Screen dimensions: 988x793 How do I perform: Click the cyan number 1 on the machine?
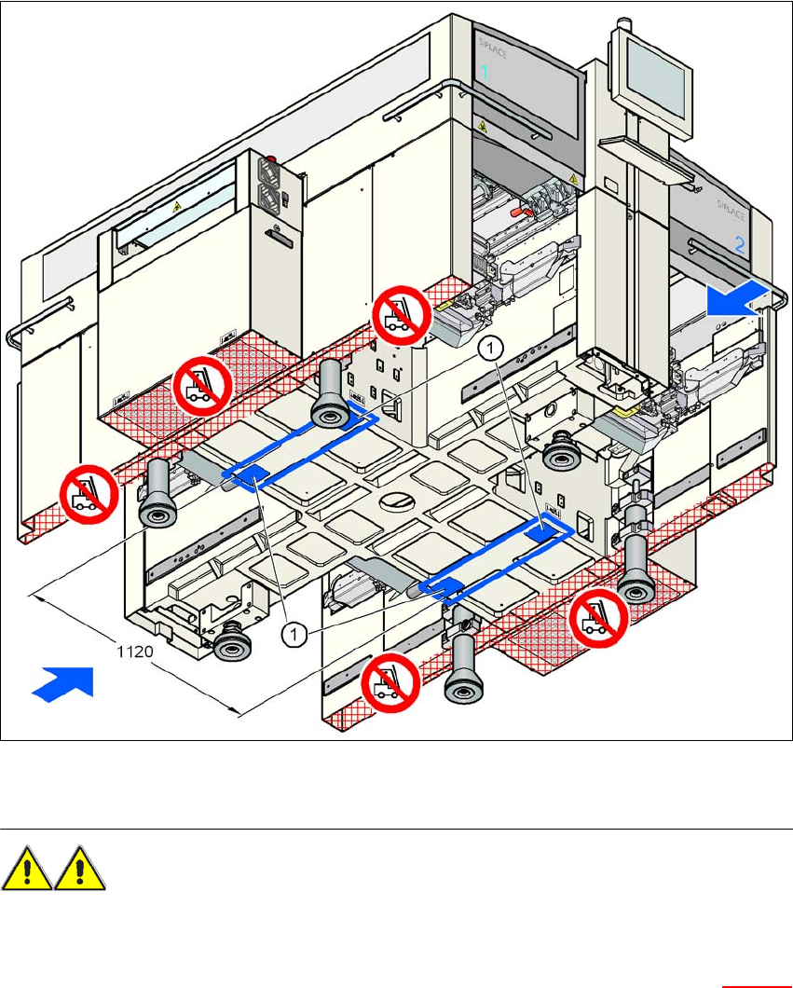[484, 72]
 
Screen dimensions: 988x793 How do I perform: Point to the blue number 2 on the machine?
[739, 246]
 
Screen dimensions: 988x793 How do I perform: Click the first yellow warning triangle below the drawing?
[28, 869]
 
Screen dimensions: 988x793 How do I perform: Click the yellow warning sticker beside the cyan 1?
[482, 123]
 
